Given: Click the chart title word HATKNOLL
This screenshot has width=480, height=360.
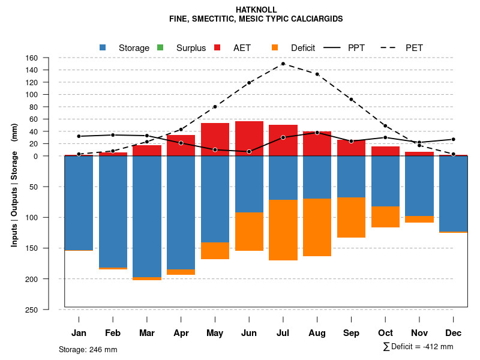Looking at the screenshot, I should coord(256,10).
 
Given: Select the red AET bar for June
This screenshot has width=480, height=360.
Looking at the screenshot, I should coord(249,138).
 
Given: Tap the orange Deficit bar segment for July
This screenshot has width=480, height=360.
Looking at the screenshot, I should coord(283,230).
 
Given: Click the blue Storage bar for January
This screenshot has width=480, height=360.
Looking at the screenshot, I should coord(79,203).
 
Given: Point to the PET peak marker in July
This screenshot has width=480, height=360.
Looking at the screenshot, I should coord(283,64).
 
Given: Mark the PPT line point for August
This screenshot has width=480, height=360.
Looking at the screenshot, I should coord(317,133).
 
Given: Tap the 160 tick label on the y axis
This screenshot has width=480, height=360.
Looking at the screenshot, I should coord(32,58).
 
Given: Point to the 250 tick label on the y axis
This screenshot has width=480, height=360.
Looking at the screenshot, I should coord(32,310).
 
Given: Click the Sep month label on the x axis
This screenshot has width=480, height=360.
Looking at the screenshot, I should coord(352,333).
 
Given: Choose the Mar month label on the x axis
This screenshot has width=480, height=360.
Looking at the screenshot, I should coord(147,333).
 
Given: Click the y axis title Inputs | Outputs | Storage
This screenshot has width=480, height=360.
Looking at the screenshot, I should coord(14,185).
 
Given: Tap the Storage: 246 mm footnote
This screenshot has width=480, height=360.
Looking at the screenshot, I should coord(88,349).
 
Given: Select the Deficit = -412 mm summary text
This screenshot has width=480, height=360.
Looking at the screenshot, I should coord(418,347).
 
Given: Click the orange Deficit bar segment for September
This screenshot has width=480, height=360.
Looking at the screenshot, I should coord(352,217).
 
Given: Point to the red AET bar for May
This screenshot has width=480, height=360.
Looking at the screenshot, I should coord(215,139).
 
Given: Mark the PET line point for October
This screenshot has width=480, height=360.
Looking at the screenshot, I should coord(385,126).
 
